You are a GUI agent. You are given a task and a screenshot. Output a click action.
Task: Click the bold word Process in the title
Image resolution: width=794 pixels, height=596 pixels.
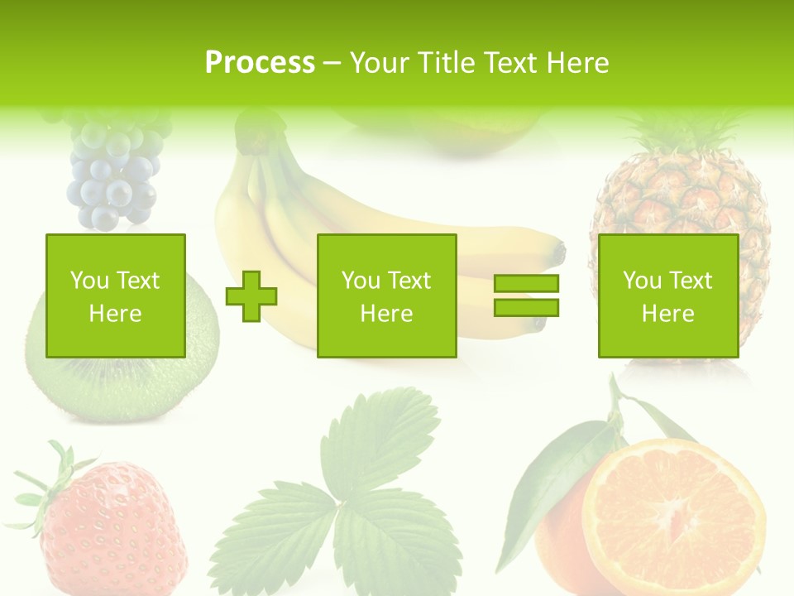point(260,63)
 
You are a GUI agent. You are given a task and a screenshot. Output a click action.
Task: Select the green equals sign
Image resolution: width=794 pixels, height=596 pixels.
point(526,296)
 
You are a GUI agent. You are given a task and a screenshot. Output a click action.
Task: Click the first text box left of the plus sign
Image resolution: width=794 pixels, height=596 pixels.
point(116,296)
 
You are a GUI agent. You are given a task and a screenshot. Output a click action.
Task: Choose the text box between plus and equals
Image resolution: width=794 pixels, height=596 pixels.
point(386,296)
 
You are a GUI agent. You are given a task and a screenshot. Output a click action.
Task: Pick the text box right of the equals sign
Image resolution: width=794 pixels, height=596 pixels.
point(667,296)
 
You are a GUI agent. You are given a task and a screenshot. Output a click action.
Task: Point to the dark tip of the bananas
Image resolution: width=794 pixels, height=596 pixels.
point(561,248)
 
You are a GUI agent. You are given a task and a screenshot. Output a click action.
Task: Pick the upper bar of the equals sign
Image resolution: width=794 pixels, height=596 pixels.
point(526,283)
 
